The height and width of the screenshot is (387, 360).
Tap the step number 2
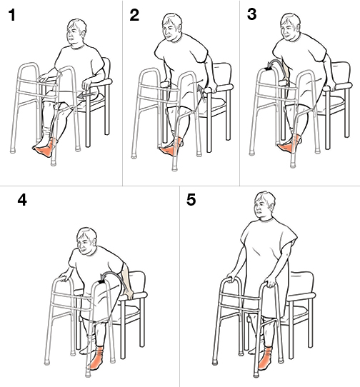(x=134, y=16)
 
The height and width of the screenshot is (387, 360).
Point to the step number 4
(x=21, y=201)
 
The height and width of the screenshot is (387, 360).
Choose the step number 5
(x=191, y=201)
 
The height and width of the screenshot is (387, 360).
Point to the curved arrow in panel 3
(x=271, y=66)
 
